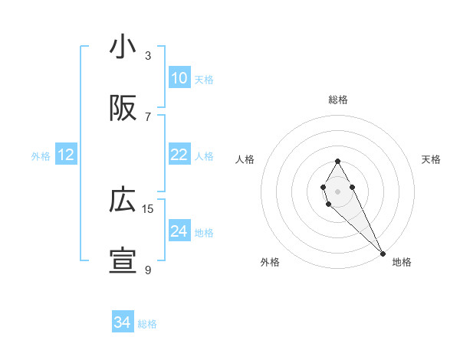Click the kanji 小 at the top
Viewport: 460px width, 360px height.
[123, 47]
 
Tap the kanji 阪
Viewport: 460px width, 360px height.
[123, 110]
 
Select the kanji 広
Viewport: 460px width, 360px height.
[123, 201]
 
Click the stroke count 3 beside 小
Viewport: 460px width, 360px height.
[148, 55]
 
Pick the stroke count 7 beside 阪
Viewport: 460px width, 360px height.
[148, 116]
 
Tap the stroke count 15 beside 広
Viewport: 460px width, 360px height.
[148, 208]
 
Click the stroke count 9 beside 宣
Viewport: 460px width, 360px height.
[148, 270]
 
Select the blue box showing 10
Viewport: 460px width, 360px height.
[179, 78]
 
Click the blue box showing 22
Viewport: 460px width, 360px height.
[179, 155]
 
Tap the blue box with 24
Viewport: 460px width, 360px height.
[179, 231]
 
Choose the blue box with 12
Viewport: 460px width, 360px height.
[66, 155]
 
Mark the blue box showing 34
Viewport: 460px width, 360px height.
[122, 322]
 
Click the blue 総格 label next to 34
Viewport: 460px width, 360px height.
[147, 324]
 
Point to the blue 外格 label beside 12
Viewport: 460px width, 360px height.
[41, 156]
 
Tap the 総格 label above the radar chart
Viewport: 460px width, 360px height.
[338, 100]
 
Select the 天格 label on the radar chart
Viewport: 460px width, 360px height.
[431, 159]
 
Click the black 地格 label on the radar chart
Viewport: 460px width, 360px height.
[402, 262]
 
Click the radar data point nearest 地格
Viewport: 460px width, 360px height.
[383, 253]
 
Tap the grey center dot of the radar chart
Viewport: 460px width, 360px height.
[337, 190]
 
